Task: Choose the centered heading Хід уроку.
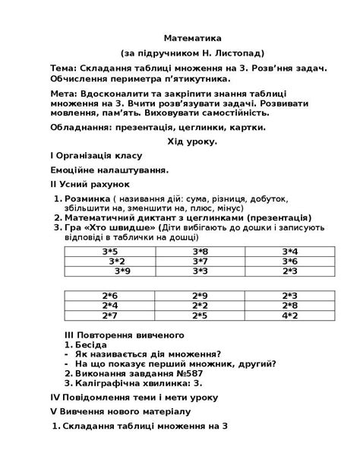point(192,141)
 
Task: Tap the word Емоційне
point(73,170)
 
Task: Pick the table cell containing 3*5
point(110,251)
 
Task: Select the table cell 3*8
point(201,251)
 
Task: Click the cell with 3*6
point(289,261)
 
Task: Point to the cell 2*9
point(201,296)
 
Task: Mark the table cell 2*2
point(201,306)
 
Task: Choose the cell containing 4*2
point(289,315)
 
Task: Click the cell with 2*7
point(110,315)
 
